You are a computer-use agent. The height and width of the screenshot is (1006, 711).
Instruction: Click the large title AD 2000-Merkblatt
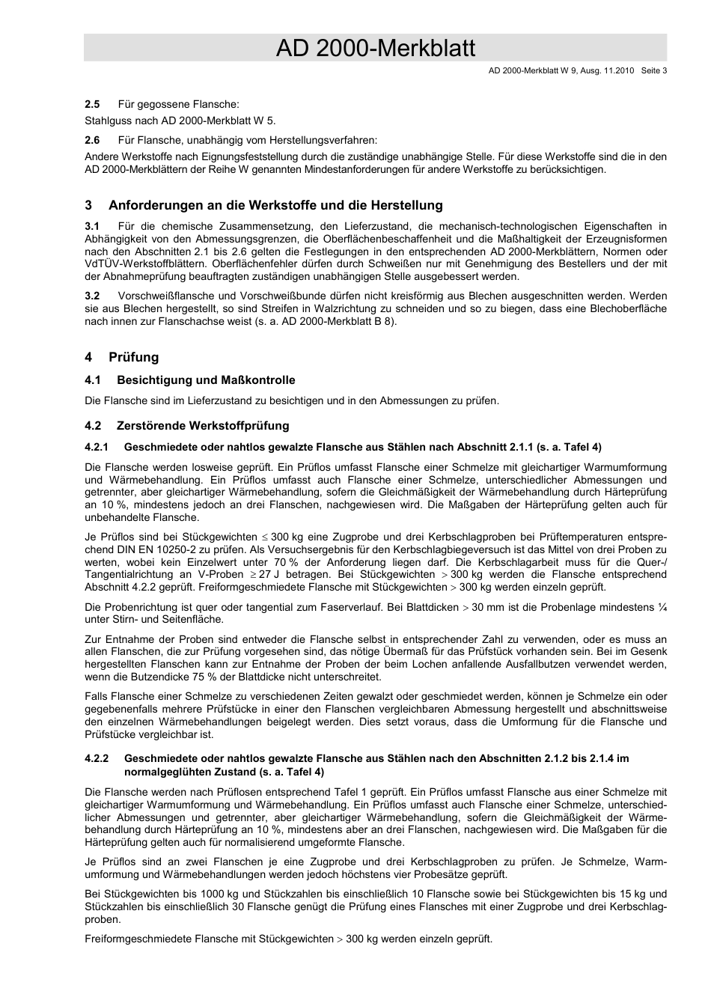coord(375,49)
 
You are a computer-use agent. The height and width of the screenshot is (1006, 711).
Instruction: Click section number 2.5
coord(92,104)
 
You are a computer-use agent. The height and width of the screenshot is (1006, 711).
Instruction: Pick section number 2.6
coord(92,140)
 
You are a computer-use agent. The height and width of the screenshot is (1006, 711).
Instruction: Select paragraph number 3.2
coord(92,296)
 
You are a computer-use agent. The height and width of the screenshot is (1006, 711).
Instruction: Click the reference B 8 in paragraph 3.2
coord(382,322)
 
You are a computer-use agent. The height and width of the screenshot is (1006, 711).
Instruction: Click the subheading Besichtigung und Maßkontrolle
coord(206,380)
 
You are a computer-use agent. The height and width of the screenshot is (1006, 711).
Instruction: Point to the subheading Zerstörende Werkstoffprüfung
coord(203,426)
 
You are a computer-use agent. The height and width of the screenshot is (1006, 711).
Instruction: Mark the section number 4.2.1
coord(97,448)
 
